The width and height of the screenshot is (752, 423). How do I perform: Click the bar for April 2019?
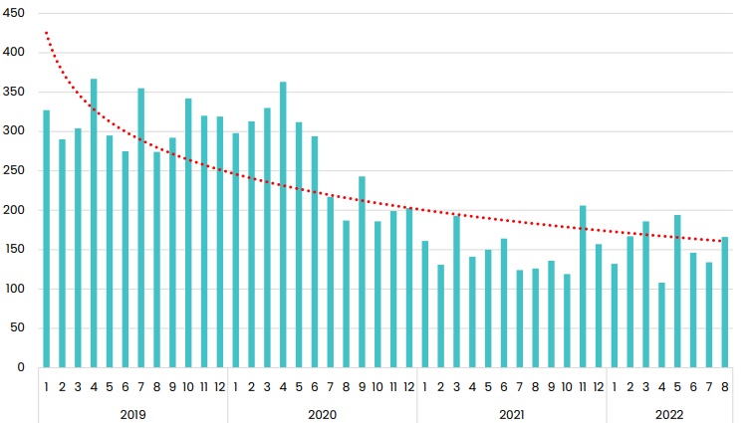pos(94,223)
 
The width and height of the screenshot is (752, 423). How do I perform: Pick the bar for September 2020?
pos(362,272)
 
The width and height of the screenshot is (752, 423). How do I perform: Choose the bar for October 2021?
pos(567,320)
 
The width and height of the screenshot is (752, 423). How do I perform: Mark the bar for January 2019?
pos(47,239)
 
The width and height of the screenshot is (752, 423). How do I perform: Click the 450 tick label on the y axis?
pos(17,13)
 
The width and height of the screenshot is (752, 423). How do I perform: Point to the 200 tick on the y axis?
pos(17,210)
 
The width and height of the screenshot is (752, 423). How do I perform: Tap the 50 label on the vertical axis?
pos(20,328)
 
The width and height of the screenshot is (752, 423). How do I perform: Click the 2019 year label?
pos(133,411)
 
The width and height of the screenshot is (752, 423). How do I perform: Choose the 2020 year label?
pos(322,411)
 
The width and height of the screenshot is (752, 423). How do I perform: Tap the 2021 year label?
pos(511,411)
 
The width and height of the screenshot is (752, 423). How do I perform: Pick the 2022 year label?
pos(668,411)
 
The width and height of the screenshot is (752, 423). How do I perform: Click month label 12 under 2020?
pos(408,386)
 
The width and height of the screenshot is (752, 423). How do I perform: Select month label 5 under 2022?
pos(677,386)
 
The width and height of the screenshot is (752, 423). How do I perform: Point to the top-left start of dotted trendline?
pos(46,33)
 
